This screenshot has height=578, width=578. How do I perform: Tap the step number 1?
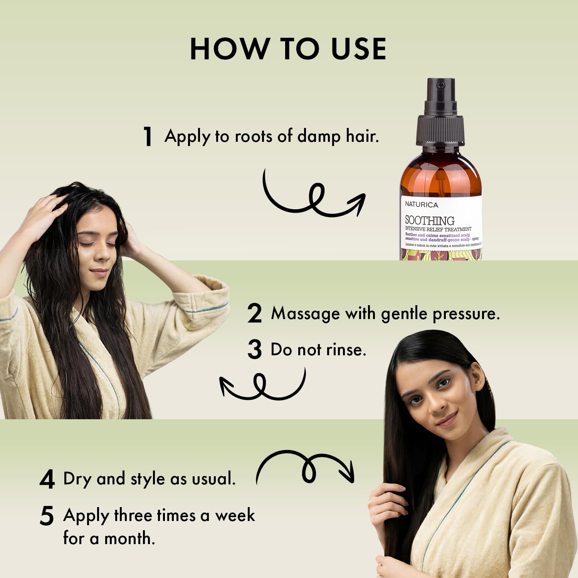pos(148,136)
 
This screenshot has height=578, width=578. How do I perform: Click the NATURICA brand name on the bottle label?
pos(422,205)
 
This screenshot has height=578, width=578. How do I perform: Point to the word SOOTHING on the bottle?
pos(429,220)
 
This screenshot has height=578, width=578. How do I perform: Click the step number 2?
pos(254,314)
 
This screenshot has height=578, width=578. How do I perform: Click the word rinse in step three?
pos(345,350)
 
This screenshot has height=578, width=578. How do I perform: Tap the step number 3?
pos(254,349)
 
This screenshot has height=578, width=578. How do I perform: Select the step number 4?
pos(47,480)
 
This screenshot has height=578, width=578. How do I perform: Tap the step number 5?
pos(47,516)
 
